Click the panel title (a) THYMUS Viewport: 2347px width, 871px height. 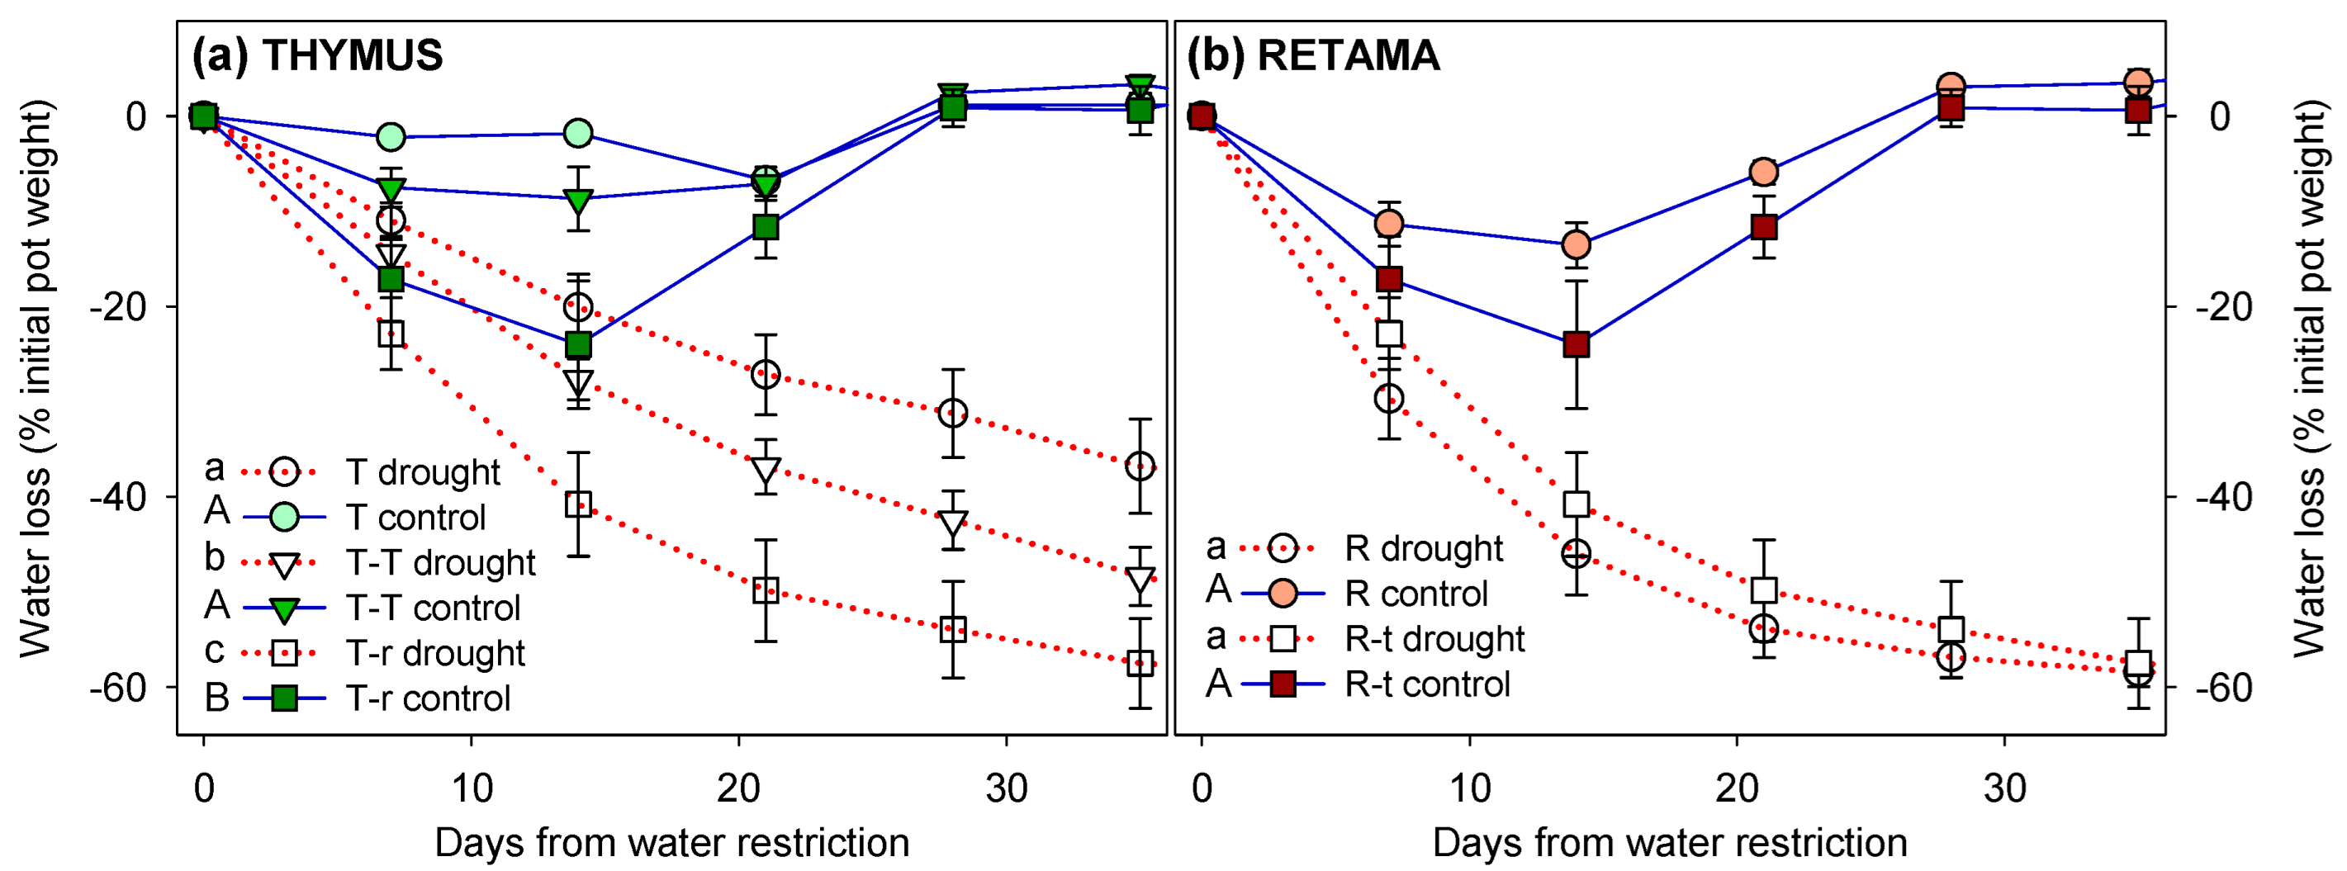point(317,55)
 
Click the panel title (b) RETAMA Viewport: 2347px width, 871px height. point(1313,55)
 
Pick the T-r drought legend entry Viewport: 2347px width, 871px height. point(434,653)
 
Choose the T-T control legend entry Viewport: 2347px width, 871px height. point(433,608)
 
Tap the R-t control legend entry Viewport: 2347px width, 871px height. point(1427,684)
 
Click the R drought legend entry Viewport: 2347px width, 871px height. point(1423,548)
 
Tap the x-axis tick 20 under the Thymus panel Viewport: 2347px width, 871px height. point(738,788)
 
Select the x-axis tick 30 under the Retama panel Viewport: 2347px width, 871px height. point(2004,788)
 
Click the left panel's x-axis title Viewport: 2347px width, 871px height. point(671,843)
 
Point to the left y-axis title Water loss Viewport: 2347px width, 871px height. point(36,378)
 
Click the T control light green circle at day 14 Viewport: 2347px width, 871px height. point(577,133)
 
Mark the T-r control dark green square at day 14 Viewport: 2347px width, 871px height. point(577,345)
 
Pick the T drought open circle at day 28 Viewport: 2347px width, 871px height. point(952,414)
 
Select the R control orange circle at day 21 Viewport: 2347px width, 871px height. point(1764,171)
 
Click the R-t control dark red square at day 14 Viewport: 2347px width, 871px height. point(1577,345)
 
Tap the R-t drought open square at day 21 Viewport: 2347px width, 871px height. point(1764,590)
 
